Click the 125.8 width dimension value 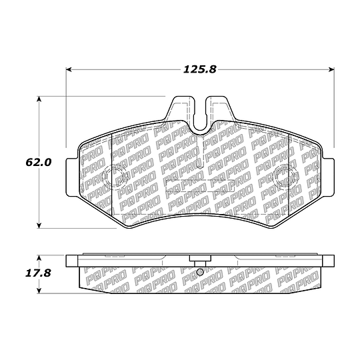(x=199, y=69)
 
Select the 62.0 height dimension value (x=39, y=162)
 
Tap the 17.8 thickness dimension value (x=38, y=273)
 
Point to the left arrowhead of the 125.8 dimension (x=69, y=69)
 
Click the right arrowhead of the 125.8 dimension (x=331, y=69)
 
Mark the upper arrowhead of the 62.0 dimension (x=39, y=99)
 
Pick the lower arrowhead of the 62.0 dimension (x=39, y=225)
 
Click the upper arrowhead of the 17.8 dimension (x=39, y=257)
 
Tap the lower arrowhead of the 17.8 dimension (x=39, y=291)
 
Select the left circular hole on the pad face (x=115, y=177)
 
